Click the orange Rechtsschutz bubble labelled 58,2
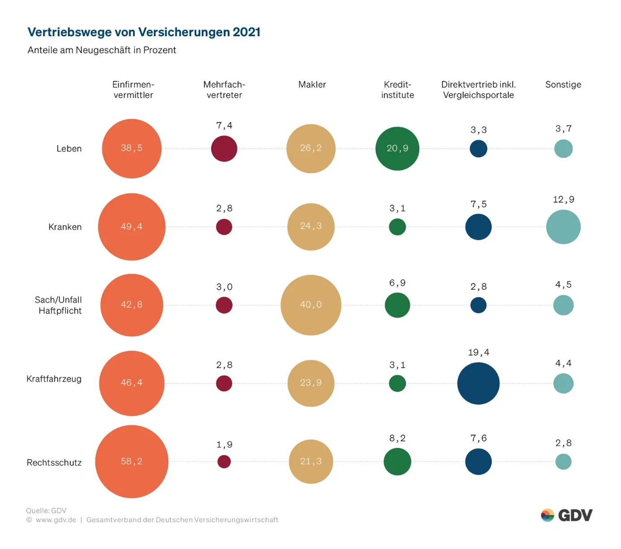point(132,461)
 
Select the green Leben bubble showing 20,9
point(397,149)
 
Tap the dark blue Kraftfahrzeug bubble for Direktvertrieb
point(479,383)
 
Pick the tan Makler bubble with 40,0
point(311,305)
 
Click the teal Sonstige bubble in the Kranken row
point(563,227)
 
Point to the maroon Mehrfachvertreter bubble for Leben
point(224,149)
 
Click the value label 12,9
point(563,200)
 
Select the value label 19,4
point(479,353)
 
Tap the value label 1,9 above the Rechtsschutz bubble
point(224,445)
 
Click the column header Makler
point(312,85)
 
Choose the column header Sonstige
point(563,85)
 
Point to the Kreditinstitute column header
point(397,89)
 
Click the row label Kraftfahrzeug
point(54,379)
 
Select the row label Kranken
point(65,227)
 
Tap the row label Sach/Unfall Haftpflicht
point(58,305)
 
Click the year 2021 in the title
point(246,32)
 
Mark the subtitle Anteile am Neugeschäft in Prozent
point(102,50)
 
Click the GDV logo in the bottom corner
point(566,515)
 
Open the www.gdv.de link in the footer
point(56,520)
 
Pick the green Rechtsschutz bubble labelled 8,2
point(397,462)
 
